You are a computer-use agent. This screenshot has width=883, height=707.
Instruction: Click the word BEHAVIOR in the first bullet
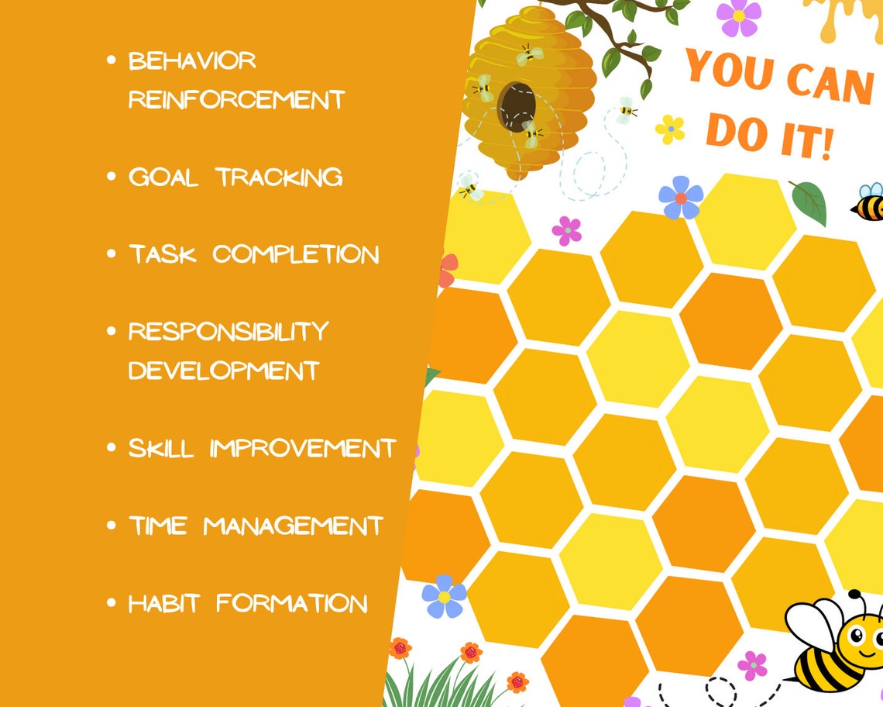coord(192,61)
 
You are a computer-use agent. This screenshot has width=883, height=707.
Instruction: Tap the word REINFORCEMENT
coord(236,100)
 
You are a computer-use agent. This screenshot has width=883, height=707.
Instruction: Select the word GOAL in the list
coord(163,177)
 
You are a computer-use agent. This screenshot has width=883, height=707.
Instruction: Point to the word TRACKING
coord(279,177)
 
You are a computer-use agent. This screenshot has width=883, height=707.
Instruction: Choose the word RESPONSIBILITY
coord(228,332)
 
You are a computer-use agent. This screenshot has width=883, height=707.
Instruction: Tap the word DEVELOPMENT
coord(224,371)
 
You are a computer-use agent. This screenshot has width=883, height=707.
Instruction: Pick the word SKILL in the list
coord(161,448)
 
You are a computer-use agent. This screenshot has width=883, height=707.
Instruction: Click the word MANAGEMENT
coord(294,526)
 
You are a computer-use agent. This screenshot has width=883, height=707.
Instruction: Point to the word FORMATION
coord(292,603)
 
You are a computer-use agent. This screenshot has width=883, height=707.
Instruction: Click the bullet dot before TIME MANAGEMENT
coord(112,526)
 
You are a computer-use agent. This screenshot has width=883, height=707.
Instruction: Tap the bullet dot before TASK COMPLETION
coord(112,254)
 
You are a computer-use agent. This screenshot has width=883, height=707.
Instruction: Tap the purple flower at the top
coord(737,17)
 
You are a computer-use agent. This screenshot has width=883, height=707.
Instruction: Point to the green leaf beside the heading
coord(809,202)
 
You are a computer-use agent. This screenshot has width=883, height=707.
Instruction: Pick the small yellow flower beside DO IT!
coord(669,129)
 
